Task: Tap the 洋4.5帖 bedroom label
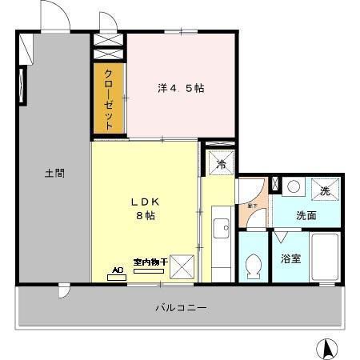pos(180,88)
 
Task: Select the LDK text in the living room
pos(146,202)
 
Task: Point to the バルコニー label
pos(181,306)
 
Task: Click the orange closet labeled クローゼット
pos(109,98)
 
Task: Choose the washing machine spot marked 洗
pos(325,190)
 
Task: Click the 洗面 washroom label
pos(306,215)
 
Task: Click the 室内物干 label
pos(150,262)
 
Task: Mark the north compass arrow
pos(326,348)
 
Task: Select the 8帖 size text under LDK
pos(146,217)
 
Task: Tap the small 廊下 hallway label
pos(250,205)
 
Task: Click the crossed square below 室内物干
pos(182,266)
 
